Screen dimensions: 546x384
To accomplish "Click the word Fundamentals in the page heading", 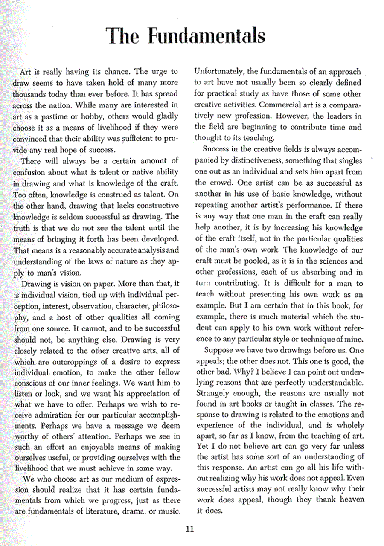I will tap(207, 36).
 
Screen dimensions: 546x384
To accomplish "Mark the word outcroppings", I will tap(70, 361).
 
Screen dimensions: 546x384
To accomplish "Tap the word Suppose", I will tap(218, 350).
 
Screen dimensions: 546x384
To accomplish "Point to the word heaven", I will tap(348, 499).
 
